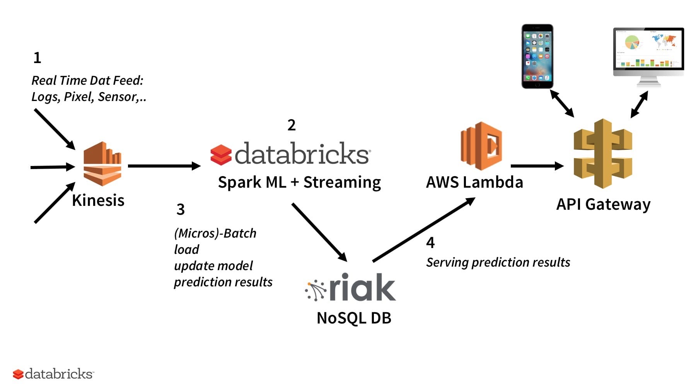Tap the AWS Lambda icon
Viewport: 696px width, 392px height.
tap(481, 146)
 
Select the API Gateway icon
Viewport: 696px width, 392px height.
tap(603, 154)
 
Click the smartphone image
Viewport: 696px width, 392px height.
tap(537, 56)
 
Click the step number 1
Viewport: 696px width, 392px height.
tap(37, 58)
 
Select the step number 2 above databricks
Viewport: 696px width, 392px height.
tap(292, 125)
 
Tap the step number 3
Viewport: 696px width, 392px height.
tap(181, 209)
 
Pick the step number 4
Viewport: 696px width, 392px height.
tap(430, 243)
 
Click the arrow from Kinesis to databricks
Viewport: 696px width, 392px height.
tap(164, 166)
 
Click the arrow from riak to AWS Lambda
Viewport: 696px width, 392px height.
tap(423, 229)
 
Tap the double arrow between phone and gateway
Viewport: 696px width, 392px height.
tap(562, 103)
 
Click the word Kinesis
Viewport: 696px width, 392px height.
tap(98, 200)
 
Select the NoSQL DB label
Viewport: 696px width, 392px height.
tap(354, 318)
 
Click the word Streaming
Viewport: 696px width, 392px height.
tap(342, 182)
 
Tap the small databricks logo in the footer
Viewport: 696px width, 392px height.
tap(53, 374)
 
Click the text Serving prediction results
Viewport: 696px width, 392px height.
tap(498, 262)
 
